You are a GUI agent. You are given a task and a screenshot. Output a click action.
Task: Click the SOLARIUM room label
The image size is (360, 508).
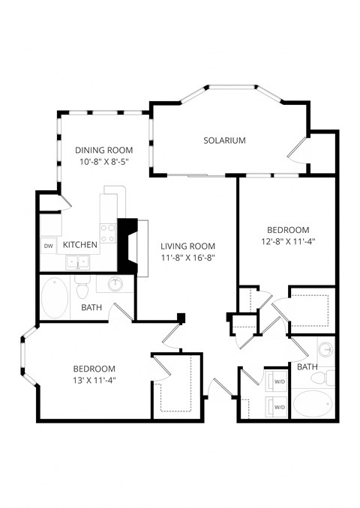[x=225, y=140]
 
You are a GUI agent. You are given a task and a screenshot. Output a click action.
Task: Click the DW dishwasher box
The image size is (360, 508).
[x=48, y=245]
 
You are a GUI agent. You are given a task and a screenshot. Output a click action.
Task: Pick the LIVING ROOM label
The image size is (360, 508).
[x=188, y=246]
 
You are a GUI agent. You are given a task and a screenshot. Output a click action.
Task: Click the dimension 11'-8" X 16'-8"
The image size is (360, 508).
[x=188, y=258]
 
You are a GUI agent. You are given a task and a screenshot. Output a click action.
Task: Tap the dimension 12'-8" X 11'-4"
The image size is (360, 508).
[x=288, y=241]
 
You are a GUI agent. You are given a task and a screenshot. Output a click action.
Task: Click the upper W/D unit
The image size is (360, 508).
[x=278, y=381]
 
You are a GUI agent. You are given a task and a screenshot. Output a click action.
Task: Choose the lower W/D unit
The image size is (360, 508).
[x=278, y=407]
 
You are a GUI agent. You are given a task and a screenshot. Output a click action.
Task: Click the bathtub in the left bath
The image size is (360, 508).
[x=55, y=297]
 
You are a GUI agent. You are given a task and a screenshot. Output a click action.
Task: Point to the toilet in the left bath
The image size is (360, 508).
[x=83, y=285]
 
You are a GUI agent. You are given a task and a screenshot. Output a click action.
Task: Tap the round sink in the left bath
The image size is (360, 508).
[x=116, y=285]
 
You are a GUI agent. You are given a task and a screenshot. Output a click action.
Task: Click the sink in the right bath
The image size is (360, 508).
[x=326, y=351]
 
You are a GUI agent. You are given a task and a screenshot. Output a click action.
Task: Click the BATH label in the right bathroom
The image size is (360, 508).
[x=307, y=367]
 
